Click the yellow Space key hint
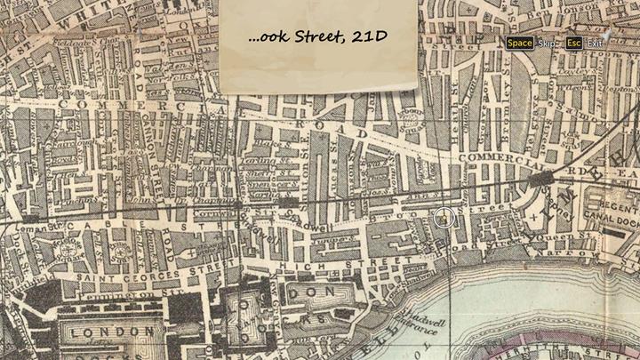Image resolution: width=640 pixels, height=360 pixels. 520,43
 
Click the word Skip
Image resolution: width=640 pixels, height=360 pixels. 547,43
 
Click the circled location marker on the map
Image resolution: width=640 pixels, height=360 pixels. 444,218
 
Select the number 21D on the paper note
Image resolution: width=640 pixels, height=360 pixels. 370,37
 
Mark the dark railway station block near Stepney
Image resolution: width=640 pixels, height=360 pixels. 540,180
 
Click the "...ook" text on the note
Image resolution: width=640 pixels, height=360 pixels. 265,37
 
